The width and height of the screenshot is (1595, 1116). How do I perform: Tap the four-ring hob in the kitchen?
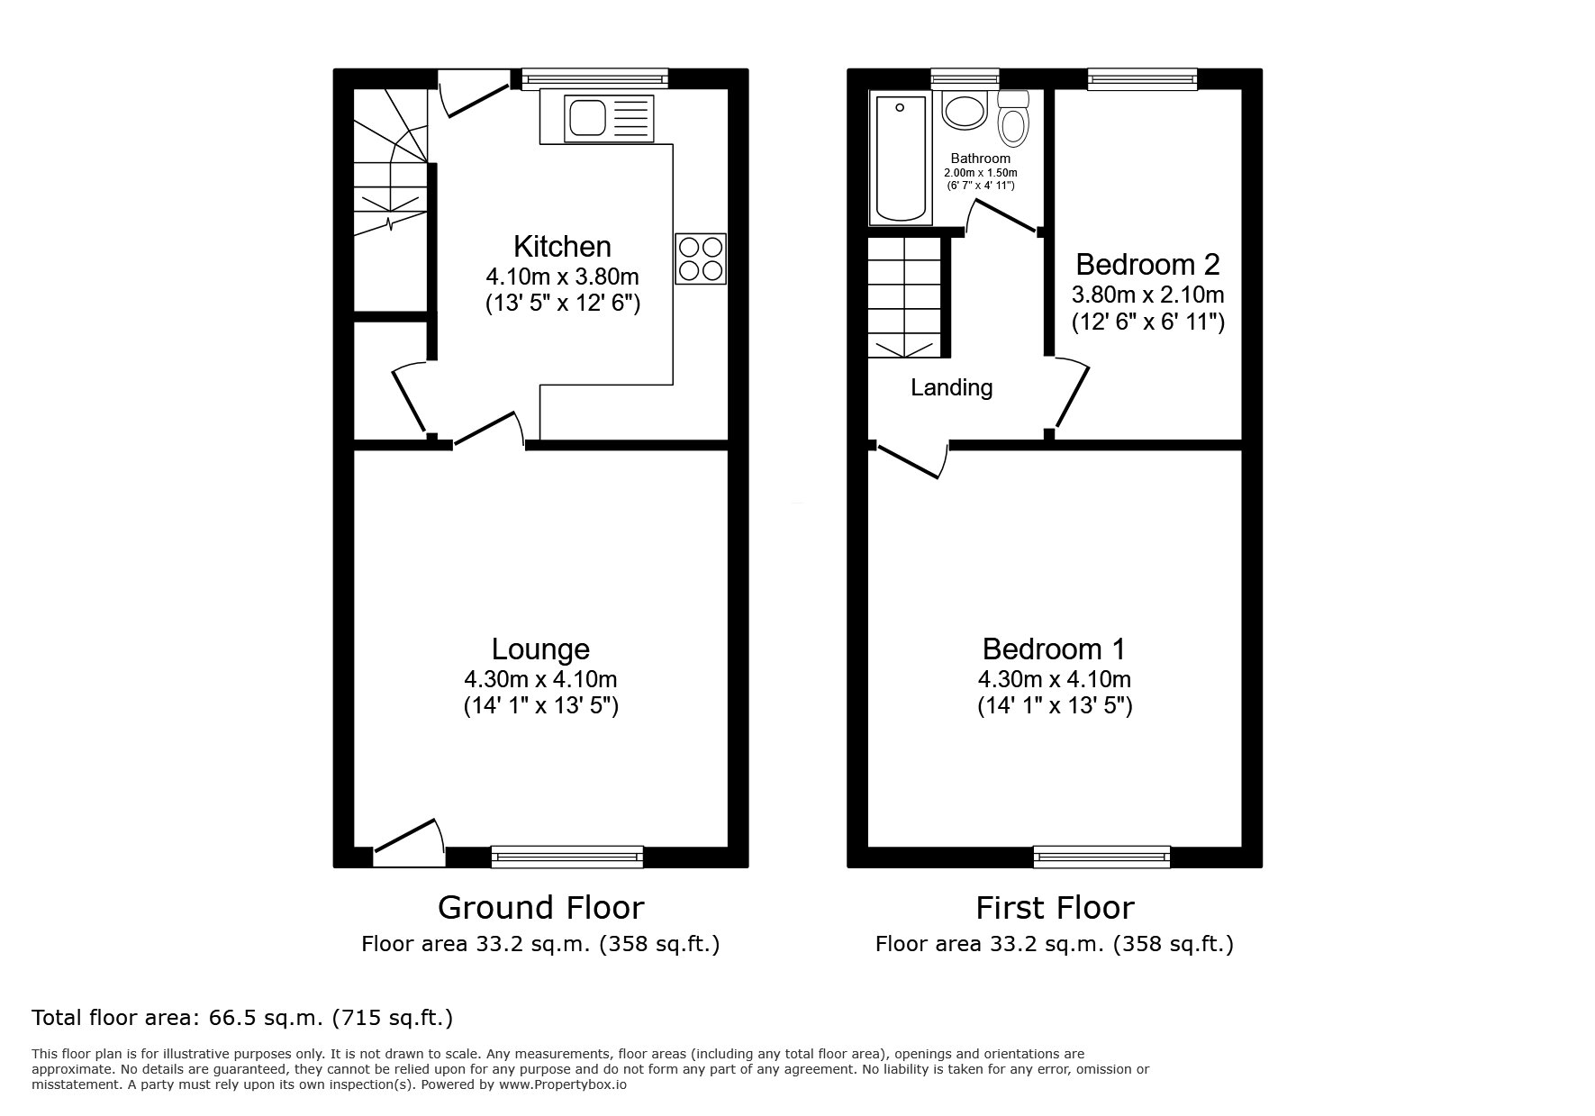700,259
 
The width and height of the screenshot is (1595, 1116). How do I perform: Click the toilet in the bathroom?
1014,119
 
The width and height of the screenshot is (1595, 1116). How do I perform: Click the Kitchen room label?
562,246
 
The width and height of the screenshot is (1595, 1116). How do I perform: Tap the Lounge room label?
540,649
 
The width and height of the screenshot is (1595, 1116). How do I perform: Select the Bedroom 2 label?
1147,264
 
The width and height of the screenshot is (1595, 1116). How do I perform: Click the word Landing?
951,387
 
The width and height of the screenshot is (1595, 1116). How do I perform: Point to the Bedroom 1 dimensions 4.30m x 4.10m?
1055,679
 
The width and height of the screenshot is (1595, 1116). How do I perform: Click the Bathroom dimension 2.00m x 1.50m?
980,173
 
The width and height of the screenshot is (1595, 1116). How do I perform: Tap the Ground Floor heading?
540,907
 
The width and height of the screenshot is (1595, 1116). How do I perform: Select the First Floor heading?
1055,907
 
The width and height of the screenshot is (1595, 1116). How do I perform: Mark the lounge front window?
567,857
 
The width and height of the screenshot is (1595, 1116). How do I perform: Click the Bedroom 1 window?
1101,857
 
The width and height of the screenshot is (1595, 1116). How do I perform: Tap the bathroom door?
1002,217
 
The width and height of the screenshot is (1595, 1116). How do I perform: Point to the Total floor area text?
242,1018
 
